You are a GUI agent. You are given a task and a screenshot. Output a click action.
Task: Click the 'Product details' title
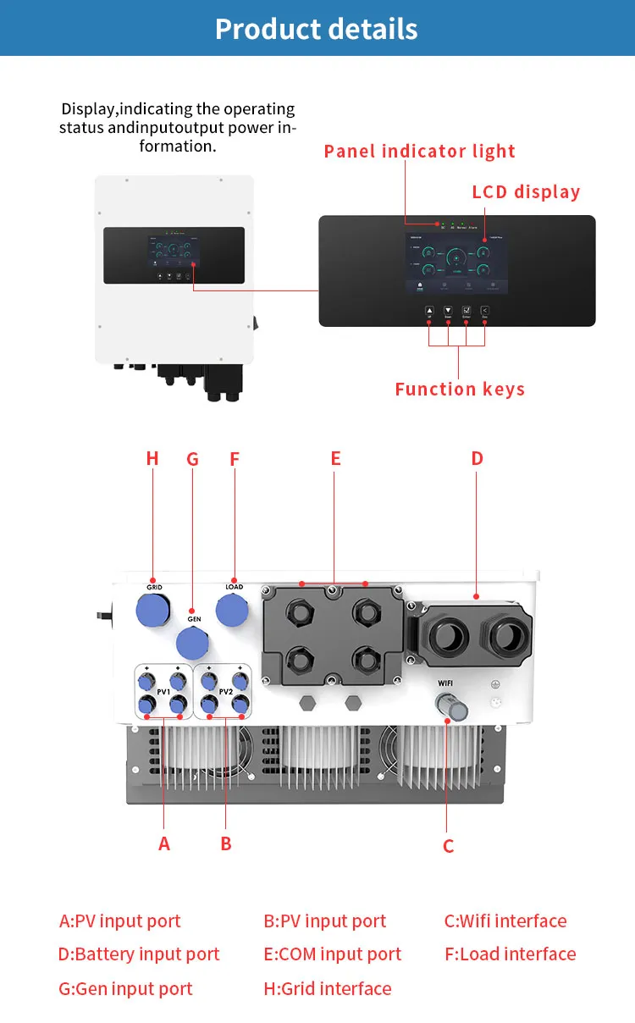click(x=317, y=29)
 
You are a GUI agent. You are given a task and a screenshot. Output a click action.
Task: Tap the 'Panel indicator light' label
click(x=419, y=152)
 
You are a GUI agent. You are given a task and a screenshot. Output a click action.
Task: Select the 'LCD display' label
click(x=526, y=192)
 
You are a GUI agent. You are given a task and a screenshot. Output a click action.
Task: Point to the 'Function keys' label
click(x=460, y=390)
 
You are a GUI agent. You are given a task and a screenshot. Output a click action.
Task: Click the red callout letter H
click(x=152, y=459)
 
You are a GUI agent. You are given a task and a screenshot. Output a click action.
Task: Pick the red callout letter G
click(x=192, y=459)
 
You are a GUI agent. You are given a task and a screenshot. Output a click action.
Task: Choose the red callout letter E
click(x=335, y=459)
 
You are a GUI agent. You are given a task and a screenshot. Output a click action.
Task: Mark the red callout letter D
click(x=477, y=459)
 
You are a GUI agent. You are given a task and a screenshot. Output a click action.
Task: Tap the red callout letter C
click(x=448, y=846)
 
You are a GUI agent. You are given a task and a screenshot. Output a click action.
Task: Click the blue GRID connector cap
click(x=153, y=608)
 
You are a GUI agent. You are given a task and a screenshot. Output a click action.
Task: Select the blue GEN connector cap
click(x=194, y=643)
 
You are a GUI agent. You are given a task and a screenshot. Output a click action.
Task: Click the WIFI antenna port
click(x=447, y=705)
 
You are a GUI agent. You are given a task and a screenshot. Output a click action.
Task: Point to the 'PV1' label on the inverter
click(x=163, y=692)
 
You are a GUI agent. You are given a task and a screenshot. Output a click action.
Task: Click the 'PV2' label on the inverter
click(x=225, y=692)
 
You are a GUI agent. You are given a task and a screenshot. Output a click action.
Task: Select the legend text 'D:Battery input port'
click(x=139, y=954)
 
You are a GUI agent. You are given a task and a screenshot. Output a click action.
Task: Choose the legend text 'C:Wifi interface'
click(x=505, y=921)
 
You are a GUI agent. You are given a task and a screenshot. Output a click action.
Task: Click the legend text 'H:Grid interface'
click(x=328, y=988)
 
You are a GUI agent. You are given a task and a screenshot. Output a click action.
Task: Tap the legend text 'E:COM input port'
click(x=333, y=954)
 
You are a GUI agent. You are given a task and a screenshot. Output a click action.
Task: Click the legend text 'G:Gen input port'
click(x=126, y=988)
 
